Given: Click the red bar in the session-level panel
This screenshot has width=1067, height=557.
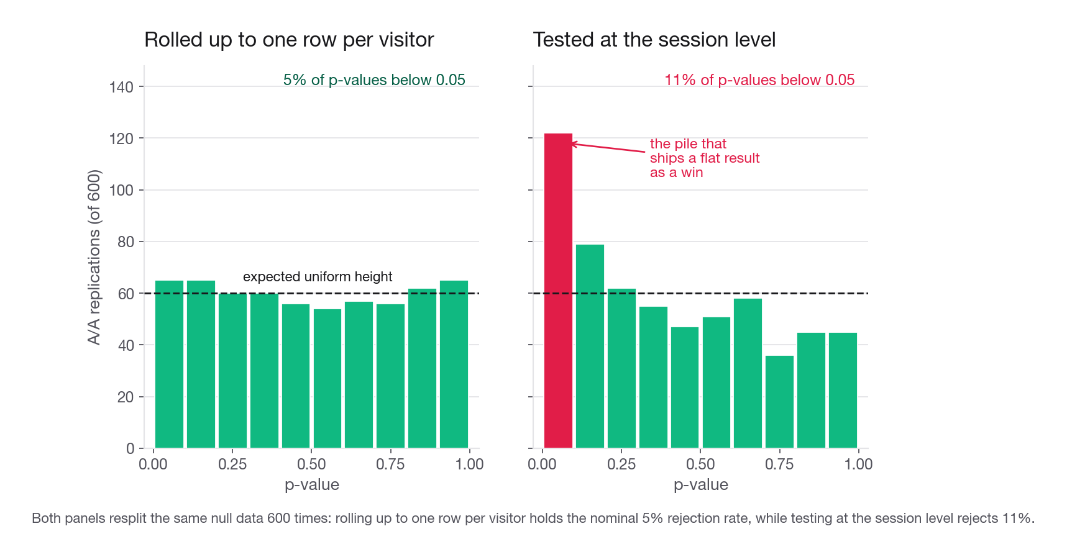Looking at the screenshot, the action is pyautogui.click(x=558, y=291).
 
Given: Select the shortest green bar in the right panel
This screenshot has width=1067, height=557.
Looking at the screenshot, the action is pyautogui.click(x=779, y=402).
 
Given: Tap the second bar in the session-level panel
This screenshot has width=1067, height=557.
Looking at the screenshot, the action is pyautogui.click(x=590, y=346).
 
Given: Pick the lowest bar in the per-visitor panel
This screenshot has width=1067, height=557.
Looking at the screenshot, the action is pyautogui.click(x=327, y=378).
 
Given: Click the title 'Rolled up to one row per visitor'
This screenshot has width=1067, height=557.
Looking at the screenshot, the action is pyautogui.click(x=289, y=40).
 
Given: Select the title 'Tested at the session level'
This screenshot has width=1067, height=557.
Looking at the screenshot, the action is pyautogui.click(x=654, y=40).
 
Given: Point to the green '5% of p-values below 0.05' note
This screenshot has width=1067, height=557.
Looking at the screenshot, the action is pyautogui.click(x=374, y=80).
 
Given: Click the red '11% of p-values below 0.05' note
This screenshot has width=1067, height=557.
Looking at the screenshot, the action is pyautogui.click(x=759, y=80).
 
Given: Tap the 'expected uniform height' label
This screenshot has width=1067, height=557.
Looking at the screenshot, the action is pyautogui.click(x=318, y=277).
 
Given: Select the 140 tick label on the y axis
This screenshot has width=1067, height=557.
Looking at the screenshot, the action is pyautogui.click(x=121, y=87).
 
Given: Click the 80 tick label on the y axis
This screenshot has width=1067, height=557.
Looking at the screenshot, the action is pyautogui.click(x=126, y=242).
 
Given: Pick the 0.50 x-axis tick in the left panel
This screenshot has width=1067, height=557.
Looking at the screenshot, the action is pyautogui.click(x=311, y=464).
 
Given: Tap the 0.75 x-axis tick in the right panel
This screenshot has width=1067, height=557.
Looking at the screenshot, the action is pyautogui.click(x=779, y=464).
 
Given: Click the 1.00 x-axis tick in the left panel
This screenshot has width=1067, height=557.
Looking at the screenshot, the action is pyautogui.click(x=469, y=464).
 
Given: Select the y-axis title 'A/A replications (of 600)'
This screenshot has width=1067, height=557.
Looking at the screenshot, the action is pyautogui.click(x=94, y=257).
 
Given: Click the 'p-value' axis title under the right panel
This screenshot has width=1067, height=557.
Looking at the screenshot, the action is pyautogui.click(x=701, y=485).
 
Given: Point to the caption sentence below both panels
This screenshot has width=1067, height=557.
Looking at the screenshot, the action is pyautogui.click(x=533, y=519).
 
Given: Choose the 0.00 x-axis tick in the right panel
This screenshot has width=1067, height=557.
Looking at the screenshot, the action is pyautogui.click(x=543, y=464).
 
